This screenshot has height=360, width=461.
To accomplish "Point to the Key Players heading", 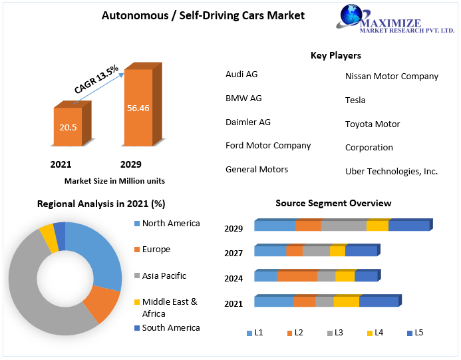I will click(x=335, y=55).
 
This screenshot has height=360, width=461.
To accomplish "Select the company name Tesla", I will click(x=355, y=100).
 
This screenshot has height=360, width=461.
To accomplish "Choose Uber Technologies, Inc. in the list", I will click(x=391, y=171).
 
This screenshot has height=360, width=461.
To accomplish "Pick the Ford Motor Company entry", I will click(x=268, y=145).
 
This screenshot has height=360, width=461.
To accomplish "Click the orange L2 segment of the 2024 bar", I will click(x=297, y=276).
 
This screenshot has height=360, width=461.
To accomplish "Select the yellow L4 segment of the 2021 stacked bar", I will click(x=346, y=301).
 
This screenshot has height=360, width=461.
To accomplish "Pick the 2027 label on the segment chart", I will click(x=233, y=253).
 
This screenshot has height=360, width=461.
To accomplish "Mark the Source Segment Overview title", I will click(x=333, y=203).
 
